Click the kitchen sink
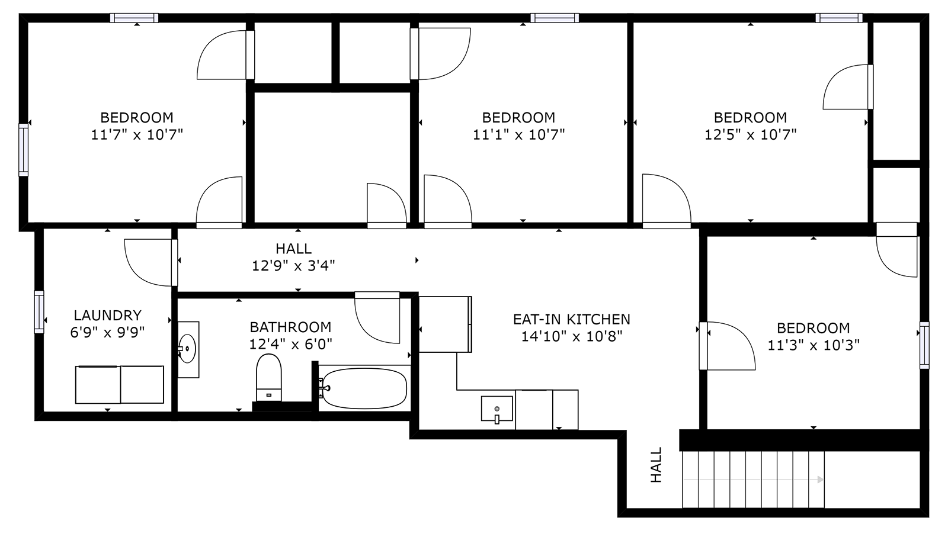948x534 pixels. (x=497, y=408)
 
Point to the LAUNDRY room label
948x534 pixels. (x=107, y=316)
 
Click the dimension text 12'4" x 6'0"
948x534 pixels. (x=290, y=343)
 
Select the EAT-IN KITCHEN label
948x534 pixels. (x=571, y=320)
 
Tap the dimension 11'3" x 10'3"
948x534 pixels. (x=813, y=345)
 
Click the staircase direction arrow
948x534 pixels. (x=820, y=480)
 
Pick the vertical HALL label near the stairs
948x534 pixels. (x=656, y=465)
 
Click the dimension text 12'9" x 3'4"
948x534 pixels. (x=293, y=266)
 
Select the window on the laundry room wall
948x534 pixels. (x=39, y=311)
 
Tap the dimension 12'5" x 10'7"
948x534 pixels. (x=750, y=134)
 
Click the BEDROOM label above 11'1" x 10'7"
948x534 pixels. (x=518, y=117)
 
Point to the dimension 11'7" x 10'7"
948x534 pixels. (x=137, y=134)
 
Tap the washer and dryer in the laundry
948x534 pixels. (x=120, y=384)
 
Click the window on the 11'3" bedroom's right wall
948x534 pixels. (x=924, y=345)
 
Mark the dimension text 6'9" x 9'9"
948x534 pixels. (x=107, y=332)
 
